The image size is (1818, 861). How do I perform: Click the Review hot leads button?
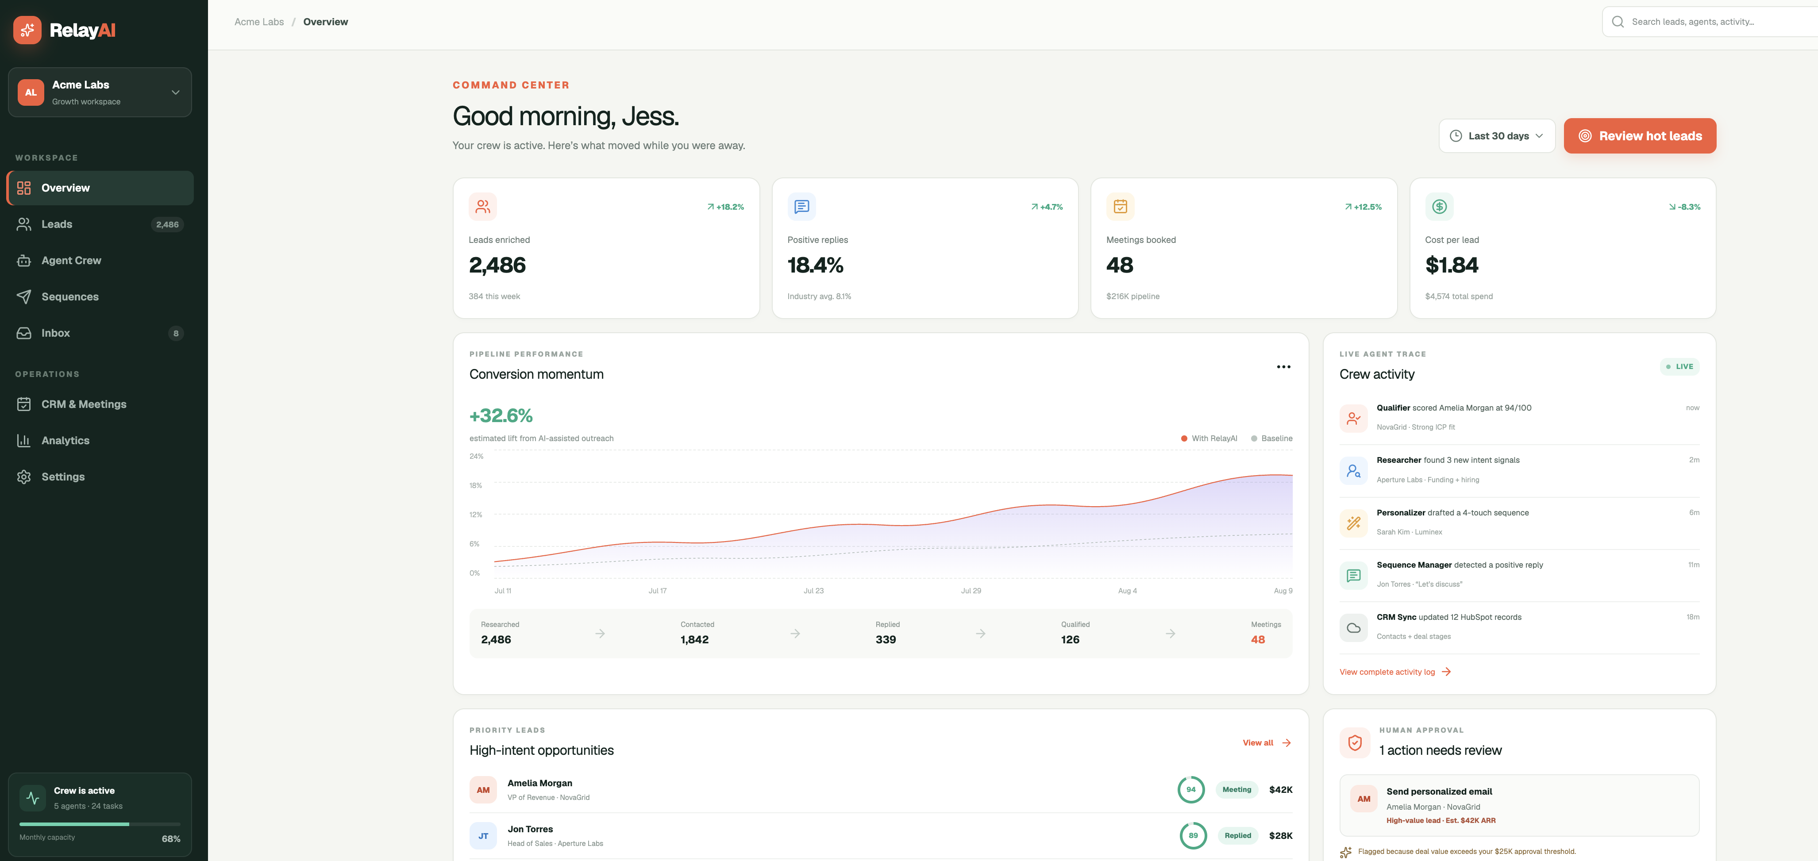1640,135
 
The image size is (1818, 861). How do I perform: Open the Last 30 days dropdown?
1497,135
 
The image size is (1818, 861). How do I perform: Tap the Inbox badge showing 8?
176,333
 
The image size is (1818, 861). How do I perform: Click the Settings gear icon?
24,477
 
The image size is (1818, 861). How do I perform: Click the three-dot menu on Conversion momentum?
1283,367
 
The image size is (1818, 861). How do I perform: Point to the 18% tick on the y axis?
476,485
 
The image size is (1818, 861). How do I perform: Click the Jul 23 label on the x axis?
813,591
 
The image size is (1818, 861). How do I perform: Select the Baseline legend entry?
1272,438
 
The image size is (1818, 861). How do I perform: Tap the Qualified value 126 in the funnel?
1070,639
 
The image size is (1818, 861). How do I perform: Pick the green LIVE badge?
1679,366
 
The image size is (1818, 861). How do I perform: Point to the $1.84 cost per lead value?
1451,265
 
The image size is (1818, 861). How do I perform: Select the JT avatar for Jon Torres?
483,836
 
